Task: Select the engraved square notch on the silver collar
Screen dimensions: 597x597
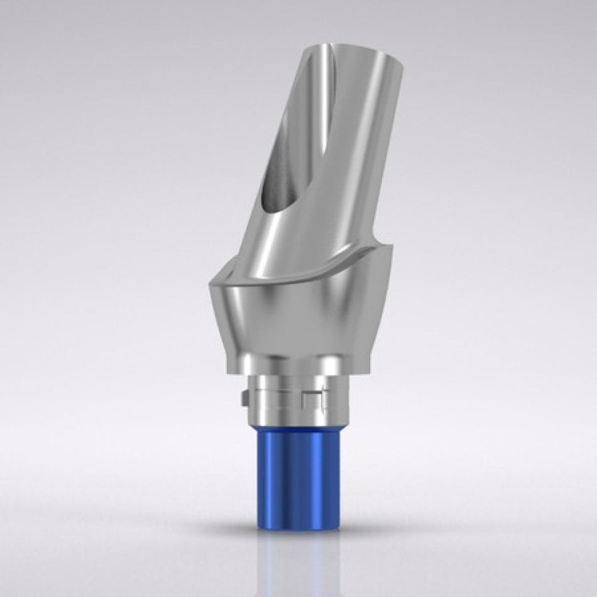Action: [311, 397]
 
